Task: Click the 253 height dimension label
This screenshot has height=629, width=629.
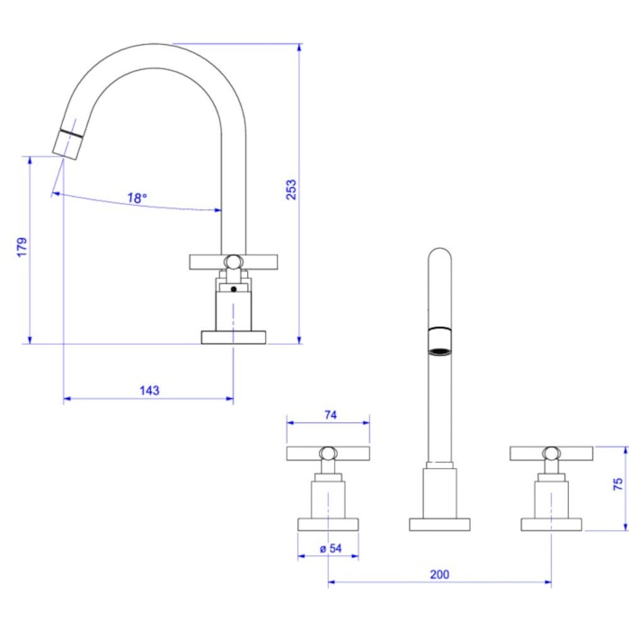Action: [291, 190]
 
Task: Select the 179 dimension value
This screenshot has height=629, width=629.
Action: [22, 247]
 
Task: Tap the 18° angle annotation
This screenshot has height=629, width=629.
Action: [137, 199]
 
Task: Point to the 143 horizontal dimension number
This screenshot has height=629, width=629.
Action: [149, 391]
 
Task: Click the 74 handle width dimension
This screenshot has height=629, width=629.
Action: [329, 414]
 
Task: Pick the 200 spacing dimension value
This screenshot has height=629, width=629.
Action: [439, 574]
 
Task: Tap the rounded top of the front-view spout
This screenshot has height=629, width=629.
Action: [439, 254]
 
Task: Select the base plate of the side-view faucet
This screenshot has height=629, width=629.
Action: [234, 337]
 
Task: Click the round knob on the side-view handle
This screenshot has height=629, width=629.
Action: [234, 262]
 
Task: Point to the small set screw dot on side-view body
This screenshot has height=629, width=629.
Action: [234, 290]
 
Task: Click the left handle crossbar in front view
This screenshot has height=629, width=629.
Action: [328, 453]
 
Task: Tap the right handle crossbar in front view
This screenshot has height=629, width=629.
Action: [551, 453]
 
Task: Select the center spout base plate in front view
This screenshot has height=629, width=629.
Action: [439, 524]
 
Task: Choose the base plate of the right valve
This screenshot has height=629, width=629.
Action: [552, 524]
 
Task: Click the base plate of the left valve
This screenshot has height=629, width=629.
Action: [328, 524]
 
